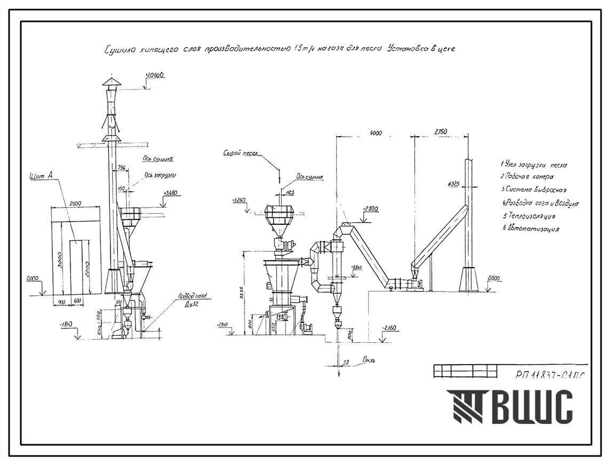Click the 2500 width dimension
click(x=75, y=203)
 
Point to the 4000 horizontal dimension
click(x=376, y=132)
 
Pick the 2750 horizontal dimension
click(x=441, y=132)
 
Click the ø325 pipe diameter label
click(x=455, y=184)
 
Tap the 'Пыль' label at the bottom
click(x=368, y=360)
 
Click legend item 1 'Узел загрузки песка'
click(x=534, y=165)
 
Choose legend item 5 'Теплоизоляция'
click(x=528, y=216)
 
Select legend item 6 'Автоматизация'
click(x=531, y=229)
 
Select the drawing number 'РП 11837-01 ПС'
click(x=550, y=374)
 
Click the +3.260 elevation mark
click(x=241, y=201)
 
